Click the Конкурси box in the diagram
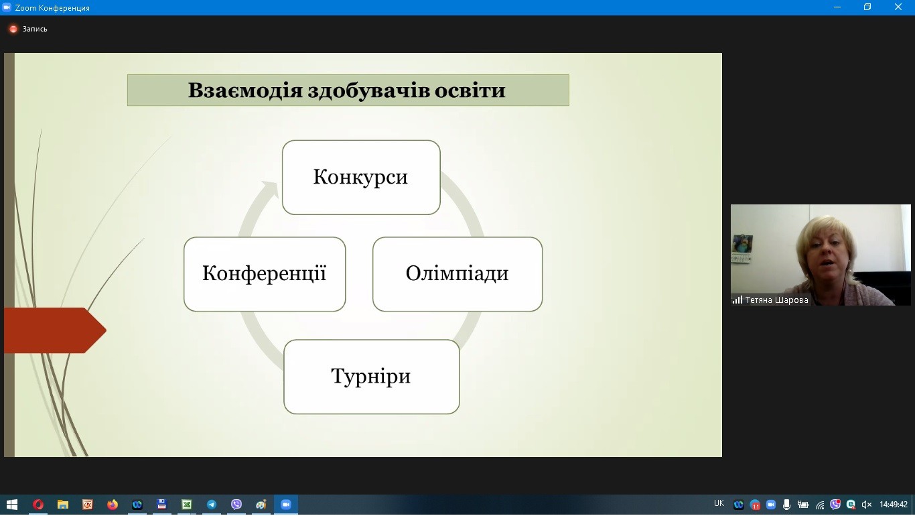(x=360, y=178)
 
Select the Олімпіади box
(x=457, y=273)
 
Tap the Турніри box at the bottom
(x=371, y=376)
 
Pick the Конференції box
(x=265, y=273)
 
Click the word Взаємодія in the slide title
(x=244, y=90)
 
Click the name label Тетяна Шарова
(x=776, y=300)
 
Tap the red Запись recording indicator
(x=13, y=29)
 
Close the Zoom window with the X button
(x=898, y=7)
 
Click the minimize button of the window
(x=837, y=7)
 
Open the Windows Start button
(x=11, y=505)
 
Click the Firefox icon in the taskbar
(x=113, y=505)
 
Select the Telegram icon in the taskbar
(x=212, y=505)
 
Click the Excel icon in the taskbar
(x=187, y=505)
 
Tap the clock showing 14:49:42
(x=894, y=505)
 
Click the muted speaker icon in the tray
(x=866, y=505)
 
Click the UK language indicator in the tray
(x=719, y=503)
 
